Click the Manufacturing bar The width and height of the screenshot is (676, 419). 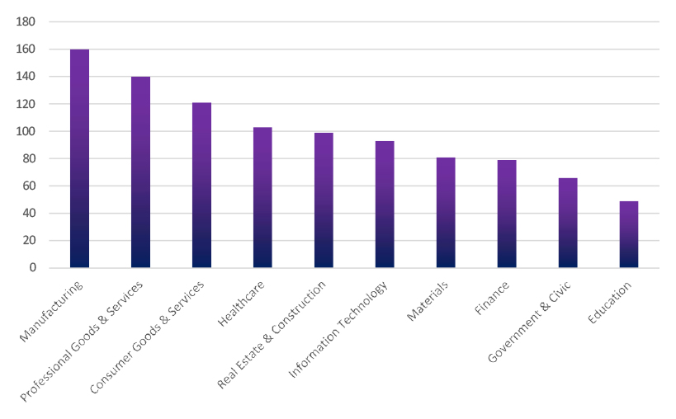(x=79, y=158)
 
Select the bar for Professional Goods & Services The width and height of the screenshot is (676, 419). (x=140, y=172)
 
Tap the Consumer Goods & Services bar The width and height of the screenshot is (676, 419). (x=201, y=185)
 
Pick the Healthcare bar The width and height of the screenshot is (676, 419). (x=262, y=197)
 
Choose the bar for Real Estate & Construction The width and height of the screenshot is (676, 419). (x=324, y=200)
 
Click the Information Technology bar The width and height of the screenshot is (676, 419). (x=385, y=204)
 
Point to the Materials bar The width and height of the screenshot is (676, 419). (x=446, y=212)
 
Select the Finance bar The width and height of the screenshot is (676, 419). (x=507, y=214)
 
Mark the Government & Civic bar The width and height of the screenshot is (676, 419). (x=568, y=223)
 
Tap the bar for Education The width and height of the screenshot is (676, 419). (x=629, y=234)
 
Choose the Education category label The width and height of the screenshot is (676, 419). (x=611, y=304)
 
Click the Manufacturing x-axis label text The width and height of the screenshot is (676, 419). (x=53, y=313)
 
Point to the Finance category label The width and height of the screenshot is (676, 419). (x=492, y=299)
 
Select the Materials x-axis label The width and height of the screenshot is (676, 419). (x=428, y=302)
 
